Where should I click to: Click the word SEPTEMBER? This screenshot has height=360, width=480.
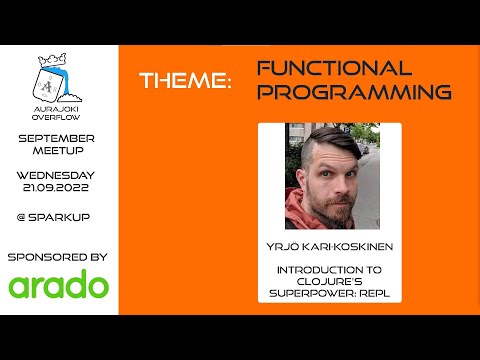click(59, 137)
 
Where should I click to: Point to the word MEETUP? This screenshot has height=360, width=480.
click(59, 152)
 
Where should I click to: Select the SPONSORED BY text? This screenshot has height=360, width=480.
click(59, 257)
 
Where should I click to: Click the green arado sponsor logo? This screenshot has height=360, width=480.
click(59, 286)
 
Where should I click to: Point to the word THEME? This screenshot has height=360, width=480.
click(185, 80)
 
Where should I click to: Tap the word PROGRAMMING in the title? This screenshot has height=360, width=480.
click(354, 92)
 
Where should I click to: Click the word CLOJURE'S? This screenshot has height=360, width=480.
click(329, 283)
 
